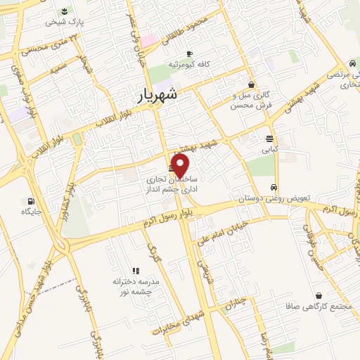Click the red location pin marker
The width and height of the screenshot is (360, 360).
pyautogui.click(x=181, y=165)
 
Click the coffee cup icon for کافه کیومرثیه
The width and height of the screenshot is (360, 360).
pyautogui.click(x=189, y=54)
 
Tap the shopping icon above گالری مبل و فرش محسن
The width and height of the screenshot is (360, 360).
pyautogui.click(x=250, y=85)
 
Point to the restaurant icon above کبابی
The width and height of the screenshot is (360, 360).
pyautogui.click(x=270, y=139)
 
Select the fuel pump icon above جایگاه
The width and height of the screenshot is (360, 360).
pyautogui.click(x=30, y=200)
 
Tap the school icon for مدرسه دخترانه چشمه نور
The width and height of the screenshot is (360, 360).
pyautogui.click(x=136, y=270)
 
